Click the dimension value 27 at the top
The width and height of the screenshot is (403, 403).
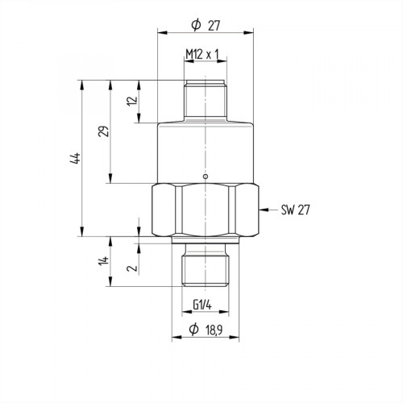click(x=214, y=25)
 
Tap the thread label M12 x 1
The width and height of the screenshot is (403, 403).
click(x=202, y=54)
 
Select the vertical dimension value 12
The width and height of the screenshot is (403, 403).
click(x=131, y=102)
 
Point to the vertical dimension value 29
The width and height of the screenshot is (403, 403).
click(x=102, y=131)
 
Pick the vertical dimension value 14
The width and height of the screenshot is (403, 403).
click(x=103, y=262)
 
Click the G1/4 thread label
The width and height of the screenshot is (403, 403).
click(x=204, y=305)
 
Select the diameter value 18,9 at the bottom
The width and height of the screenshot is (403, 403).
click(x=213, y=330)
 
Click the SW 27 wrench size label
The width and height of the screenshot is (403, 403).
click(x=295, y=210)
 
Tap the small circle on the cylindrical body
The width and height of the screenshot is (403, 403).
click(x=206, y=177)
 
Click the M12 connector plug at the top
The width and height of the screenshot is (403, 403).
click(x=206, y=101)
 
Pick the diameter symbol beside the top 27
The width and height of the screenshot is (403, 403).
click(x=195, y=25)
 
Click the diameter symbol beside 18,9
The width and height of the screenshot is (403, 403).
click(x=193, y=330)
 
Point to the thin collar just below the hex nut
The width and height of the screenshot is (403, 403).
click(x=206, y=239)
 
